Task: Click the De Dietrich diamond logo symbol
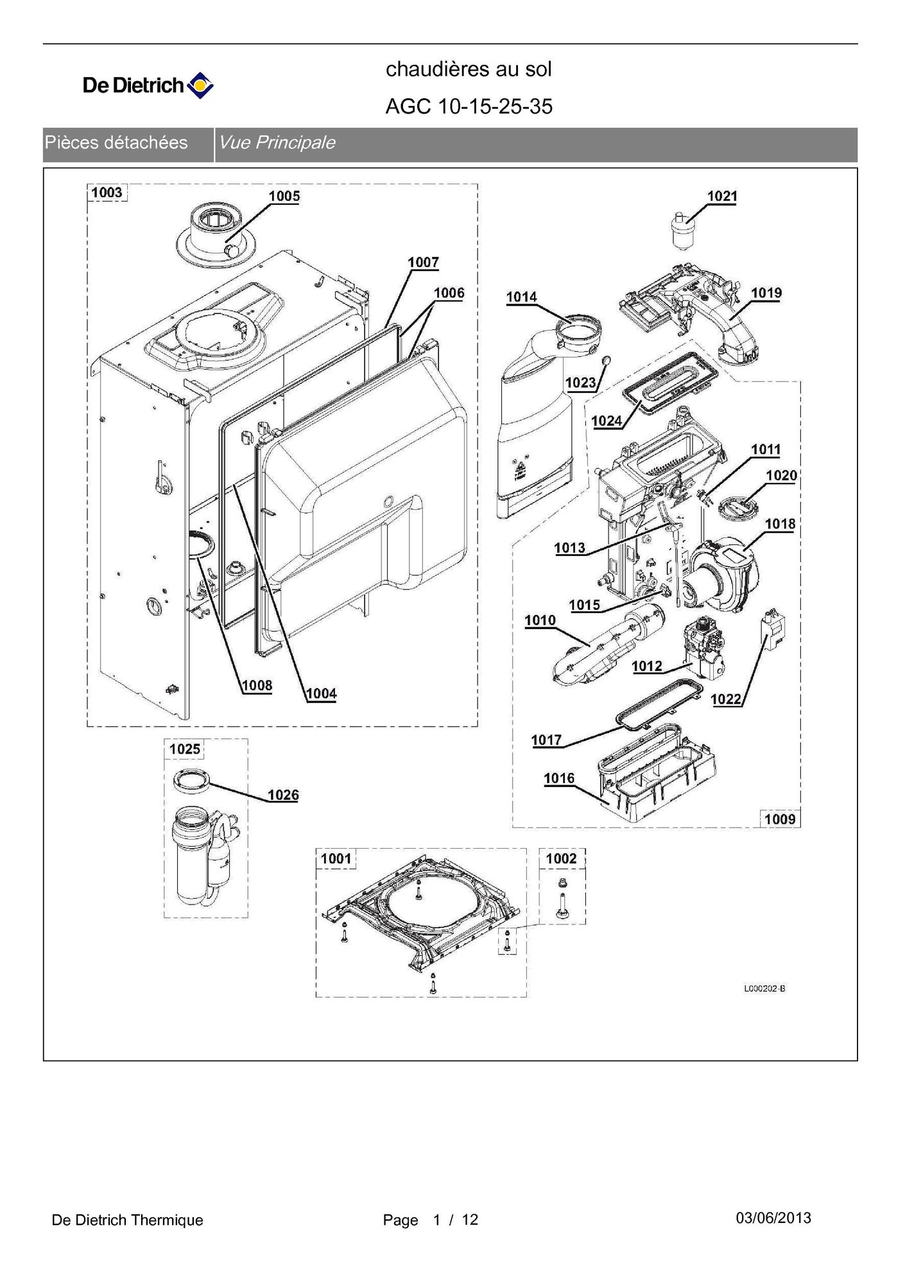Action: (x=200, y=85)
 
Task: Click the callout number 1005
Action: (x=284, y=196)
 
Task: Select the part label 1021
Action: (x=722, y=196)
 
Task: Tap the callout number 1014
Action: (x=521, y=297)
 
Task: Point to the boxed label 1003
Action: (x=107, y=192)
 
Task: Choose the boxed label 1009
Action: (x=780, y=819)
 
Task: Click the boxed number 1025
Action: (x=185, y=749)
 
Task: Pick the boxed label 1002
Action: (x=561, y=858)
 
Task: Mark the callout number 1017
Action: (x=546, y=740)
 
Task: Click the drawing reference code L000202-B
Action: (x=764, y=988)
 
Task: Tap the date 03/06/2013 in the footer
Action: (x=773, y=1218)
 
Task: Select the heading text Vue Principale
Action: (x=277, y=143)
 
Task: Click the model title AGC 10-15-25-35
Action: (x=469, y=107)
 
